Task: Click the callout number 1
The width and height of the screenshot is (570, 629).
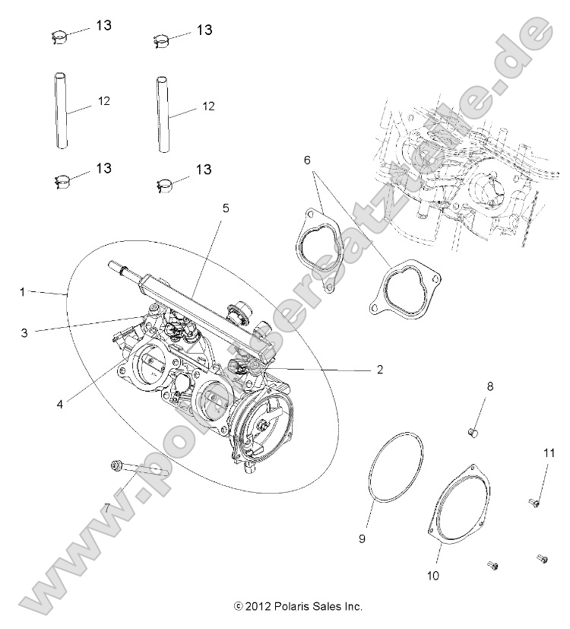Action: coord(23,291)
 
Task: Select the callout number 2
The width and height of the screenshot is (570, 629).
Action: coord(378,370)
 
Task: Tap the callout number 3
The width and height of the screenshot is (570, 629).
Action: coord(24,332)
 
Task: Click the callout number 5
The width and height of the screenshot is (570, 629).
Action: coord(226,207)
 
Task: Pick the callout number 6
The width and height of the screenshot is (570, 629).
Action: coord(307,160)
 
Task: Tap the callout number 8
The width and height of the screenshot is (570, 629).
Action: coord(489,386)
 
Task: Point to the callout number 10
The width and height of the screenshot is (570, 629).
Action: coord(548,454)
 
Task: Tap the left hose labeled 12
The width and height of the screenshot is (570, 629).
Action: coord(59,111)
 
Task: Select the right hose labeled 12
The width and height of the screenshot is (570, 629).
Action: coord(163,113)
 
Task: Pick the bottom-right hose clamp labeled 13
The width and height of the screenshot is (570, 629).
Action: coord(164,182)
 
